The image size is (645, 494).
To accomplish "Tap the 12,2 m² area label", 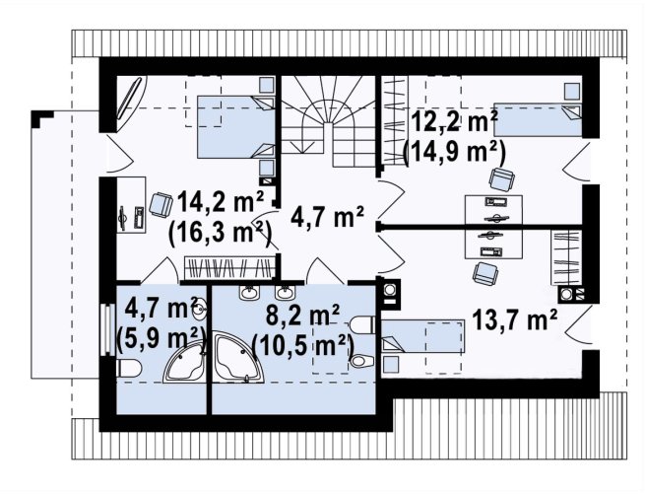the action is (x=455, y=123).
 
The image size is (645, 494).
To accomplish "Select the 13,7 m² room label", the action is (x=515, y=319).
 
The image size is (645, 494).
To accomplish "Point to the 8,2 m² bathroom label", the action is (x=302, y=316).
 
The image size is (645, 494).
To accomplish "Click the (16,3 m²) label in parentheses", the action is (x=220, y=234).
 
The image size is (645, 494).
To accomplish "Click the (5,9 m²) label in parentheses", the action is (x=161, y=338).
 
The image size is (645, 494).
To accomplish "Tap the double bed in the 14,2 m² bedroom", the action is (x=235, y=127).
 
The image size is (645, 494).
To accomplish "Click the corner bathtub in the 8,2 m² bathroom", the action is (x=238, y=357).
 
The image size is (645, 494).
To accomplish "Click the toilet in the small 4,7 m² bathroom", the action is (x=129, y=368).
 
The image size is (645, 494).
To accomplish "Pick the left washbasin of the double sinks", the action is (x=250, y=293).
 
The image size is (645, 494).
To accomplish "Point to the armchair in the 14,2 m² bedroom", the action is (x=161, y=205).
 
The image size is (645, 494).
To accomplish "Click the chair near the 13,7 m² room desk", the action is (x=485, y=274).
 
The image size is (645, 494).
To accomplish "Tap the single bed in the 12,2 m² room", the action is (x=538, y=120).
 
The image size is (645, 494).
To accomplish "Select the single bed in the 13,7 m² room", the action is (x=422, y=336).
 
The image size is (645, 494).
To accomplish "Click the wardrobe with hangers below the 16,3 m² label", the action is (x=229, y=267).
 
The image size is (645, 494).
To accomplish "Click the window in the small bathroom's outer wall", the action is (x=107, y=329).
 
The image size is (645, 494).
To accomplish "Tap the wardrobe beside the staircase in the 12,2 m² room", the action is (x=394, y=120).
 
